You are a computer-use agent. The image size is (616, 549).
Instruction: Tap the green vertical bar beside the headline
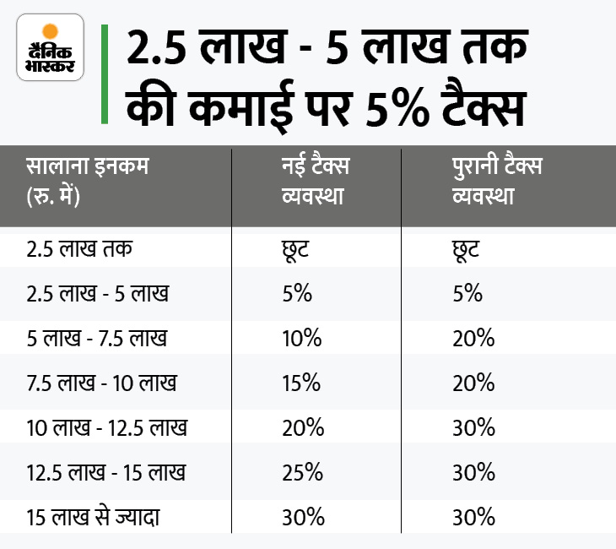point(104,73)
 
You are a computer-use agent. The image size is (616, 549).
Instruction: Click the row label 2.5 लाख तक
point(80,250)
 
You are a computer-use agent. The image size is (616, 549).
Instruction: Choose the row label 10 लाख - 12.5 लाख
point(106,427)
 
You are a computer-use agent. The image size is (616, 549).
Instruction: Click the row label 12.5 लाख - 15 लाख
point(106,470)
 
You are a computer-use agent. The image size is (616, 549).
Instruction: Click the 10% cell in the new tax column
point(301,338)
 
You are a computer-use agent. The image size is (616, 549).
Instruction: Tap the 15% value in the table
point(301,382)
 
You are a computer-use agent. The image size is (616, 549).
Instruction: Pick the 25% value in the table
point(301,470)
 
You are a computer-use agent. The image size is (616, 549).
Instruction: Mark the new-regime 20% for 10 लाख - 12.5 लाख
point(301,427)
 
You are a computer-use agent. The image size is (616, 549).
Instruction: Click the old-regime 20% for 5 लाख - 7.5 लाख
point(473,338)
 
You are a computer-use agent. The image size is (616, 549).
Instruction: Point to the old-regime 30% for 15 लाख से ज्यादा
point(473,515)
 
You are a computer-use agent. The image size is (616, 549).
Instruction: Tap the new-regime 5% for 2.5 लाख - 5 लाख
point(296,294)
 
